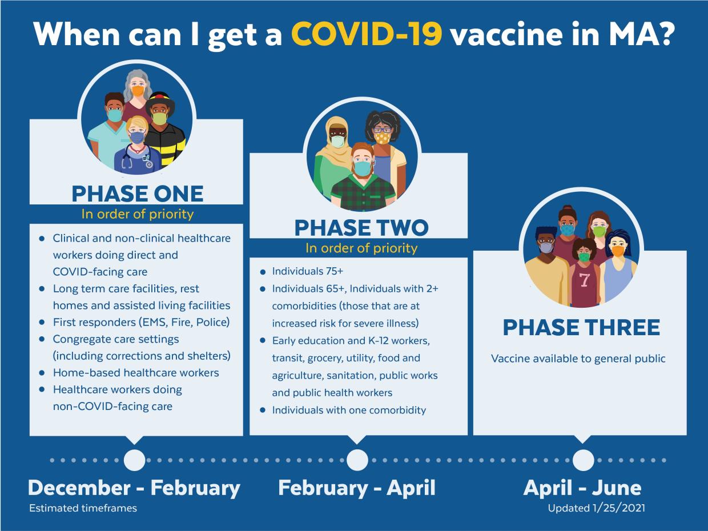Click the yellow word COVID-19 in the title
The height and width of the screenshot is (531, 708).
coord(367,35)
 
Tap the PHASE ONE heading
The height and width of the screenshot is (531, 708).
coord(137,194)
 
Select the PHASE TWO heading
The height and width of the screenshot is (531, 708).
coord(361,228)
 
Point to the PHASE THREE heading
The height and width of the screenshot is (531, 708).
coord(581,328)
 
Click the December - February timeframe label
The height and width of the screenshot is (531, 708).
coord(134,488)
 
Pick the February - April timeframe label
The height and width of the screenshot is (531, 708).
coord(357,488)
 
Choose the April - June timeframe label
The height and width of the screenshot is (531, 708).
coord(582,488)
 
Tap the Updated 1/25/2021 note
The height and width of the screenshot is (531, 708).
coord(596,508)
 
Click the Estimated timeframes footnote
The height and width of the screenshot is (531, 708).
coord(83,508)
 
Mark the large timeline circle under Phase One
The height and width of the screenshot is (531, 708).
coord(134,460)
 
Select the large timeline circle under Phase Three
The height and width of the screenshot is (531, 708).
coord(583,460)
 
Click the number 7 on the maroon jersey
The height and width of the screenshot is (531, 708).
coord(584,280)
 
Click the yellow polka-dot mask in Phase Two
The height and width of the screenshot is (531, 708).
coord(382,138)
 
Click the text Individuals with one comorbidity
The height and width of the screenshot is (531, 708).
coord(349,410)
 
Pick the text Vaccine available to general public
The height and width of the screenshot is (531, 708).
coord(578,359)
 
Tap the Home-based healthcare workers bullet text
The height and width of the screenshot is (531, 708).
coord(136,372)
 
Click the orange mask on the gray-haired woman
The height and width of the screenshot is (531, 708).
coord(138,91)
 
